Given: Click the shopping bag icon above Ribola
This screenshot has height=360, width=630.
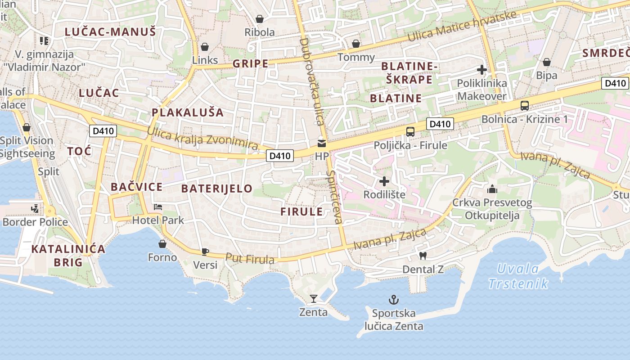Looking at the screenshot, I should click(260, 19).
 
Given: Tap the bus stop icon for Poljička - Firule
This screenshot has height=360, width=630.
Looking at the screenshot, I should click(410, 131).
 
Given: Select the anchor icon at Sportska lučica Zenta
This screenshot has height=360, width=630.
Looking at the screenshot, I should click(394, 299).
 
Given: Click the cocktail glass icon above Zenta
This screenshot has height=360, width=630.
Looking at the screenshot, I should click(314, 298).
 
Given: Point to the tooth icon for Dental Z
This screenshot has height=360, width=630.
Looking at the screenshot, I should click(423, 256).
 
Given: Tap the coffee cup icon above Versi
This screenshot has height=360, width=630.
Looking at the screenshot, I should click(205, 251).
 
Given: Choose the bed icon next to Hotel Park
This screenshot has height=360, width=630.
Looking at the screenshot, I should click(158, 207).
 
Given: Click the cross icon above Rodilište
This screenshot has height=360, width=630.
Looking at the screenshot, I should click(384, 181).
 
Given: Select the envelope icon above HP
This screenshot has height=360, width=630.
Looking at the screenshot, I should click(322, 144).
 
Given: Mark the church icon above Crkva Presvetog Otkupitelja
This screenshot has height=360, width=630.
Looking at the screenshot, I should click(492, 189).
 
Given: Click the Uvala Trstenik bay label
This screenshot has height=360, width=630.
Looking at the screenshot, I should click(518, 276).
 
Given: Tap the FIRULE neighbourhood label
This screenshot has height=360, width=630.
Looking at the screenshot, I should click(301, 211).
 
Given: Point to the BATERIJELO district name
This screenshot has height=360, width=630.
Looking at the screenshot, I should click(216, 189).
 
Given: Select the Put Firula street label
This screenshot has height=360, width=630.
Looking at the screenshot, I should click(250, 258).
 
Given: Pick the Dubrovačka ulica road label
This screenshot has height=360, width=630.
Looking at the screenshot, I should click(312, 81).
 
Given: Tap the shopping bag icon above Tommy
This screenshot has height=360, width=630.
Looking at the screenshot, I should click(356, 44).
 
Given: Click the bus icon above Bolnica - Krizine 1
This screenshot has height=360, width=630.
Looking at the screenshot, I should click(525, 106).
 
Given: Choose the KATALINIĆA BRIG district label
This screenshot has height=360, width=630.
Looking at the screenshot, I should click(68, 255).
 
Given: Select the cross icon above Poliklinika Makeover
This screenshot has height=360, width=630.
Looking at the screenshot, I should click(482, 70).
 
